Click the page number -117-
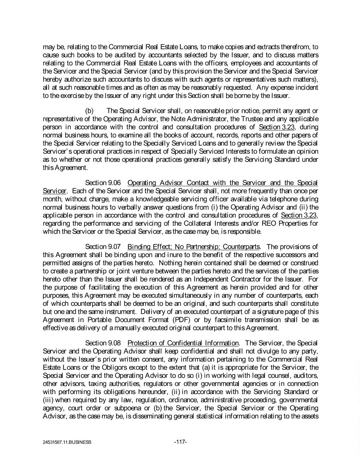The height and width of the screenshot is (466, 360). coord(181,441)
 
